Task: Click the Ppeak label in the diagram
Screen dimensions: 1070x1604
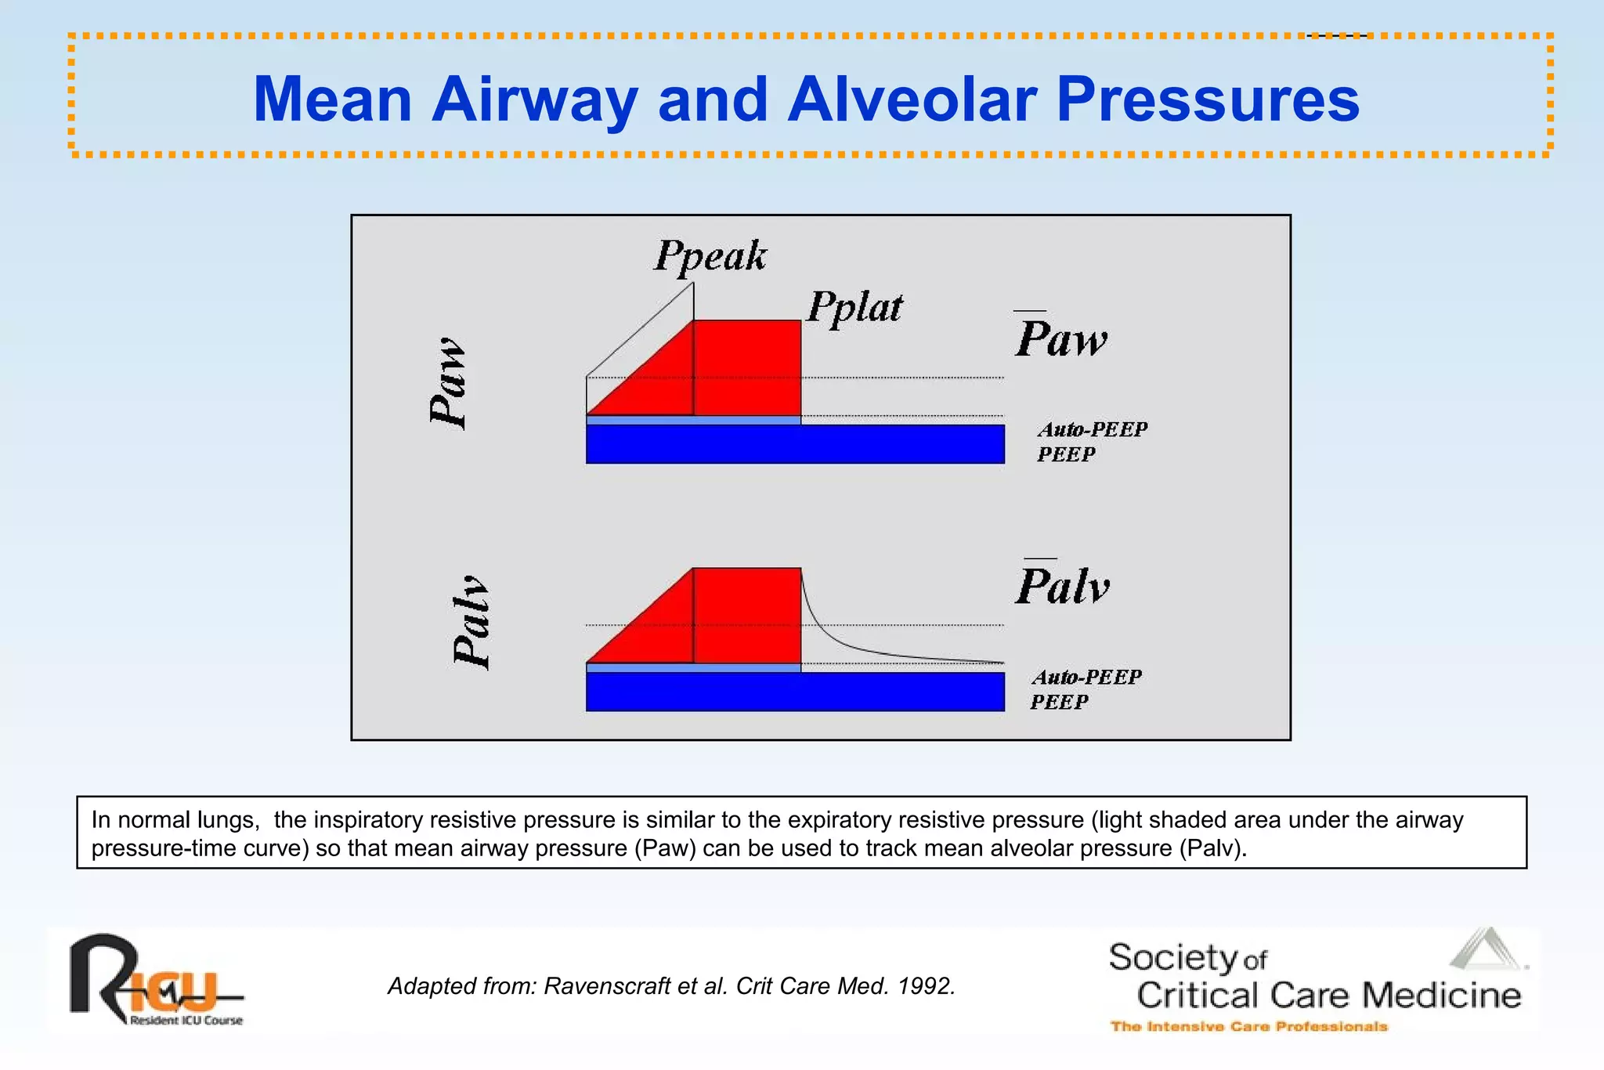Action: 710,256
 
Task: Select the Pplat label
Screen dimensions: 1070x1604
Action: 854,307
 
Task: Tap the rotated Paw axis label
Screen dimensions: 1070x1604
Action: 449,383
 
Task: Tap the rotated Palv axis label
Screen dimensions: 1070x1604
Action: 471,623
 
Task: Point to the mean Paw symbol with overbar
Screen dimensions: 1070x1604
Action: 1061,338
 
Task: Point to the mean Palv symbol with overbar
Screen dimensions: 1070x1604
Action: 1063,585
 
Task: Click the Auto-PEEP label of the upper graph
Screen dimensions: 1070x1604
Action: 1093,429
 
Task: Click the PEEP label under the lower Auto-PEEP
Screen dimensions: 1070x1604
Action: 1059,702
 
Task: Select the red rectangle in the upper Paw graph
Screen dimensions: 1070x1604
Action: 747,367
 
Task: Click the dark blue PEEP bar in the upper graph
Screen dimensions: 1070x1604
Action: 795,444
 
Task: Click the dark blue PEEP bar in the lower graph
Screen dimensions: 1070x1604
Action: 795,692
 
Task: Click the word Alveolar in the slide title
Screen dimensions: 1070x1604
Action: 912,99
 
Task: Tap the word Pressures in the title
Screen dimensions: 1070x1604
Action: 1208,99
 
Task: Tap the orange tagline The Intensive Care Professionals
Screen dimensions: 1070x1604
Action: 1248,1026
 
